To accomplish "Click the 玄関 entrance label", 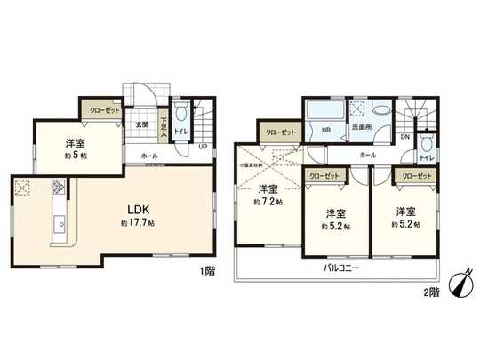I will pos(141,125).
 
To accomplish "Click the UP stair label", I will pos(203,147).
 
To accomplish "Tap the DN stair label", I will pos(405,137).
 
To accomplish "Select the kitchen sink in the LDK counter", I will pos(60,224).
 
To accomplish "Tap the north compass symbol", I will pos(459,284).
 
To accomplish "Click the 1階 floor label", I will pos(206,268).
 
